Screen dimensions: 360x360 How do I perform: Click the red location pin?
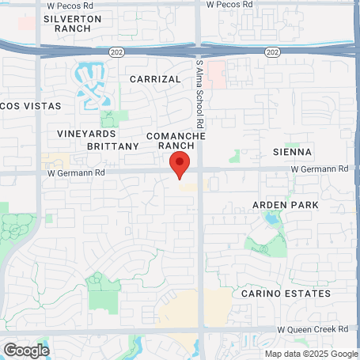(x=180, y=165)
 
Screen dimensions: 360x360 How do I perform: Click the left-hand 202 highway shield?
(x=116, y=51)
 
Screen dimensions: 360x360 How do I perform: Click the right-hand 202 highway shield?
(x=271, y=51)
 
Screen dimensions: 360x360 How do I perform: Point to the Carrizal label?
(x=157, y=80)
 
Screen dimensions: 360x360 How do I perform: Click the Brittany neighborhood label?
(x=113, y=146)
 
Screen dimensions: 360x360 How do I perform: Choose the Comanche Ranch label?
(x=176, y=141)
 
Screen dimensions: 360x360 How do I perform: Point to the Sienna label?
(x=292, y=151)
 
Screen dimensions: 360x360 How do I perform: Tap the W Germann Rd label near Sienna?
(x=319, y=169)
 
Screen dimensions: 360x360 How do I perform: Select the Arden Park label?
(x=285, y=205)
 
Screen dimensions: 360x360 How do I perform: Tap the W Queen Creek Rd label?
(x=313, y=328)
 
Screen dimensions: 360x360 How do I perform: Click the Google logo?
(x=26, y=349)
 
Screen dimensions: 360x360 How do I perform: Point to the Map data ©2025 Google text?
(x=310, y=354)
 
